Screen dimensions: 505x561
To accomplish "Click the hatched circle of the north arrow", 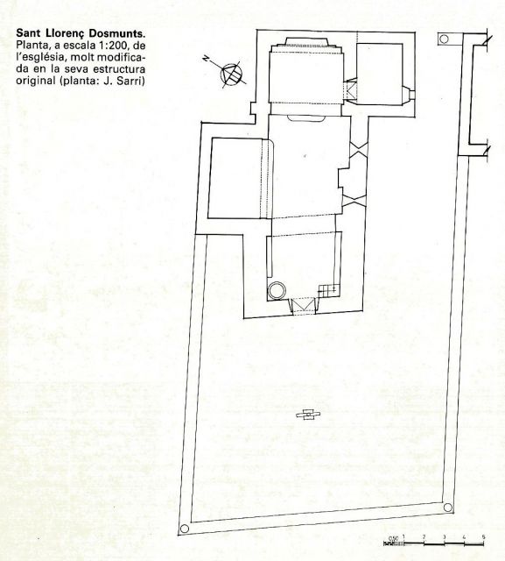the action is tap(231, 74).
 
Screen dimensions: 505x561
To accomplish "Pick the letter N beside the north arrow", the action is tap(206, 59).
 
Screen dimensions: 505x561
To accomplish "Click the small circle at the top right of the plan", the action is tap(444, 39).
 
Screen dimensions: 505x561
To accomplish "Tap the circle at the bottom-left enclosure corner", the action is tap(185, 529).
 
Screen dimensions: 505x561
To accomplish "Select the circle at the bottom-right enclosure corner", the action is tap(447, 507).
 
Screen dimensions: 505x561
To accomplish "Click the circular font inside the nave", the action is tap(277, 290).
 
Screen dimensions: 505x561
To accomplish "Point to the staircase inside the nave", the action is tap(328, 290).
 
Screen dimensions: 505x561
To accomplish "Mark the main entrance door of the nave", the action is tap(304, 306).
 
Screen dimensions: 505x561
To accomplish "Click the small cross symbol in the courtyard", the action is tap(308, 415).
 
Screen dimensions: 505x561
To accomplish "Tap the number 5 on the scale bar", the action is tap(483, 536).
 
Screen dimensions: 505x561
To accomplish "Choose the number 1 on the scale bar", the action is tap(403, 536).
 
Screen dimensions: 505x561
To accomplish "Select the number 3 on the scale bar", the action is tap(444, 536).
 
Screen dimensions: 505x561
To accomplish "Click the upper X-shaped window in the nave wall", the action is tap(359, 148).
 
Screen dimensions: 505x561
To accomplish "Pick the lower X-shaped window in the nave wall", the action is tap(354, 200).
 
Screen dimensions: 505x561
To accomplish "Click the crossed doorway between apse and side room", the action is tap(350, 89).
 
